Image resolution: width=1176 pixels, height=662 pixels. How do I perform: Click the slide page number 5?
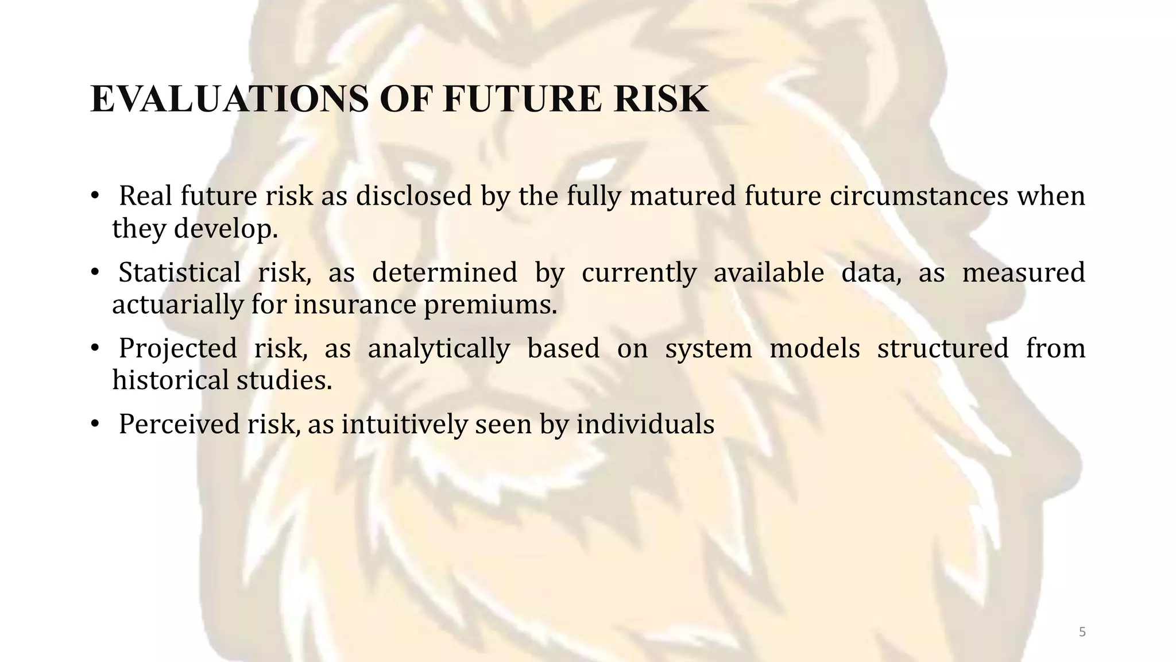point(1082,632)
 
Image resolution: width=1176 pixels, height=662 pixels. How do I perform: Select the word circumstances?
point(919,196)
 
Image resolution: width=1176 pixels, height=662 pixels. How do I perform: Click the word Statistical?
point(180,272)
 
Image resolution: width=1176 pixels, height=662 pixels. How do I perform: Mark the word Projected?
point(178,348)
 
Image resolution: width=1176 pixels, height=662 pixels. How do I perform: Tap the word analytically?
point(439,348)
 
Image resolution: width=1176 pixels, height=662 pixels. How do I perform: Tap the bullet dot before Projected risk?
point(95,349)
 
